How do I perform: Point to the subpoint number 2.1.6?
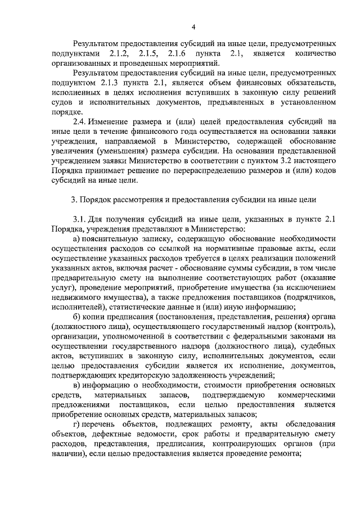pos(176,53)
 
